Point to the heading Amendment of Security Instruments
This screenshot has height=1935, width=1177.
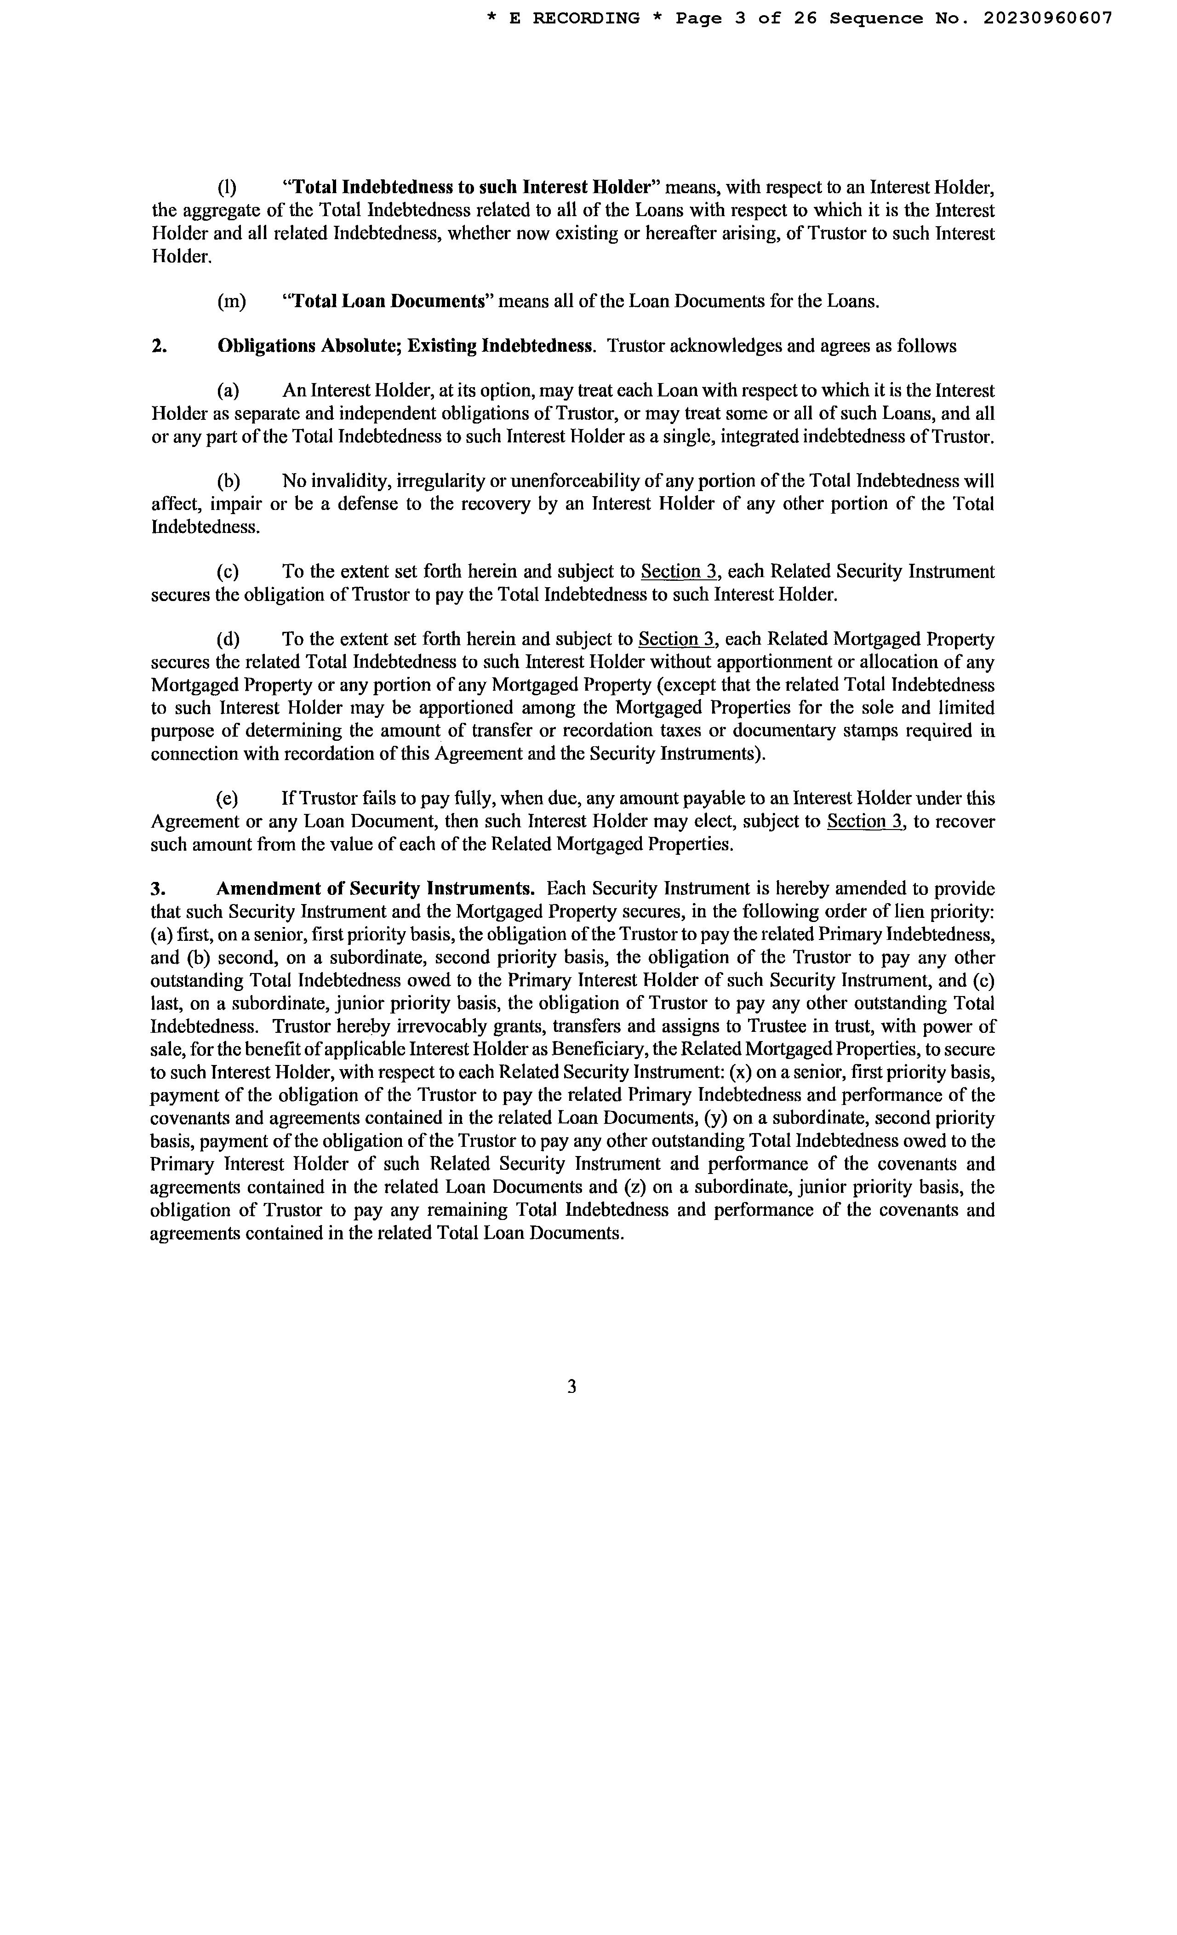[x=375, y=889]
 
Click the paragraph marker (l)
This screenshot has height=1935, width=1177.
[x=227, y=188]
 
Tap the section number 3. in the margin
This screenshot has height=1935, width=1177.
[x=158, y=889]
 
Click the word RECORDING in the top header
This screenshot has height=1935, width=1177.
[x=586, y=19]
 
